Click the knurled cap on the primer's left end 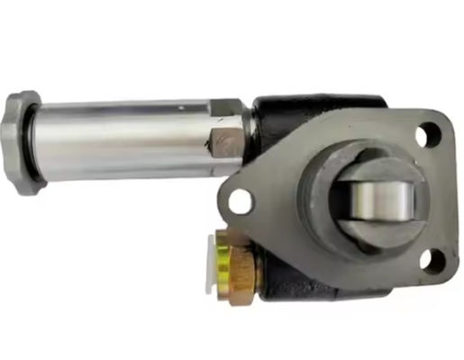click(x=23, y=142)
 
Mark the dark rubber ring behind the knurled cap click(x=45, y=142)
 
